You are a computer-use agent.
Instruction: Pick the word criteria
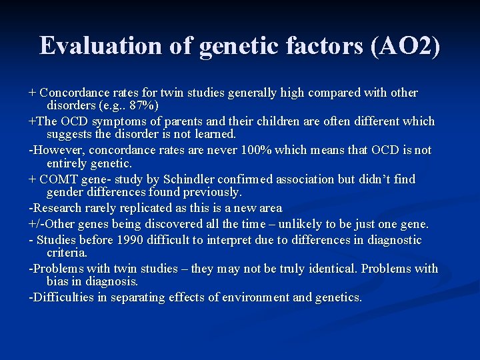tap(67, 253)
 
